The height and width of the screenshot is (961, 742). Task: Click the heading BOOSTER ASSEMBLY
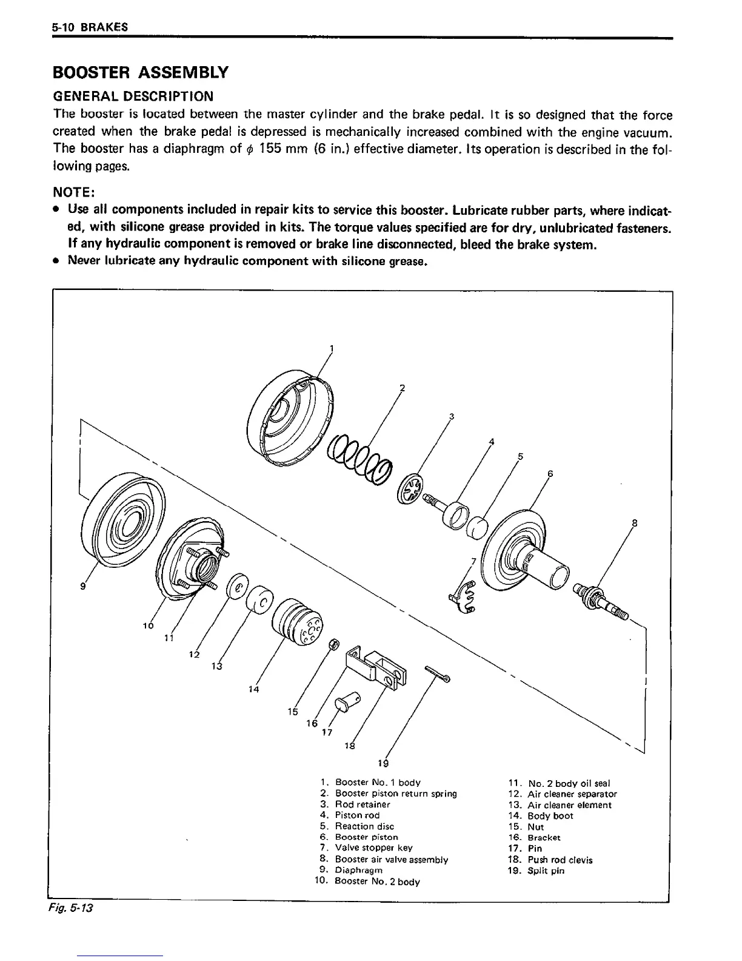pos(141,73)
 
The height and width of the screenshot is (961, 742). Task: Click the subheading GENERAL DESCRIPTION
pos(133,96)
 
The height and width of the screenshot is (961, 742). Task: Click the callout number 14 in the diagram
pos(254,689)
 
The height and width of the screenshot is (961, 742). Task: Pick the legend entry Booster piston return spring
pos(395,794)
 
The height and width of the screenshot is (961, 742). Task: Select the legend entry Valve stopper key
pos(373,848)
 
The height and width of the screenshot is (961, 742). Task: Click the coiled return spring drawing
pos(359,461)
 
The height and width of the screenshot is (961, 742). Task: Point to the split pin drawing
pos(443,673)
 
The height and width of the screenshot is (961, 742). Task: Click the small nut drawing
pos(333,644)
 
